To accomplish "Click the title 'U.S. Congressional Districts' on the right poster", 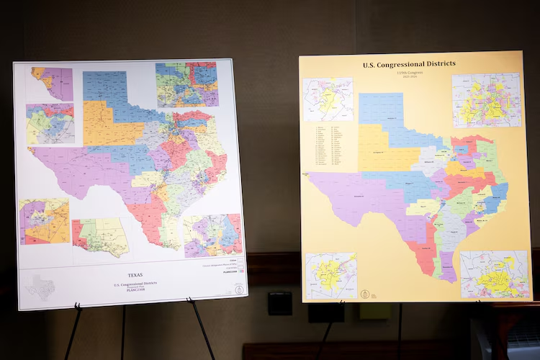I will click(409, 64).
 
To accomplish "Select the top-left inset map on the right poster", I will click(328, 99).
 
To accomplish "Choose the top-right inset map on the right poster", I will click(487, 100).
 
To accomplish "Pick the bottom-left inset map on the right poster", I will click(330, 275).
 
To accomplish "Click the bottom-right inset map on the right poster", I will click(495, 274).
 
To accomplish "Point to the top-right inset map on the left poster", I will click(187, 84).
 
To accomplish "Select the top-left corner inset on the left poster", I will click(52, 84).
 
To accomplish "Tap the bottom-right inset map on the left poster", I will click(213, 235).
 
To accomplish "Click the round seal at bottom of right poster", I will click(365, 294).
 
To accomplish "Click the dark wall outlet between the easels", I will click(280, 302).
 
